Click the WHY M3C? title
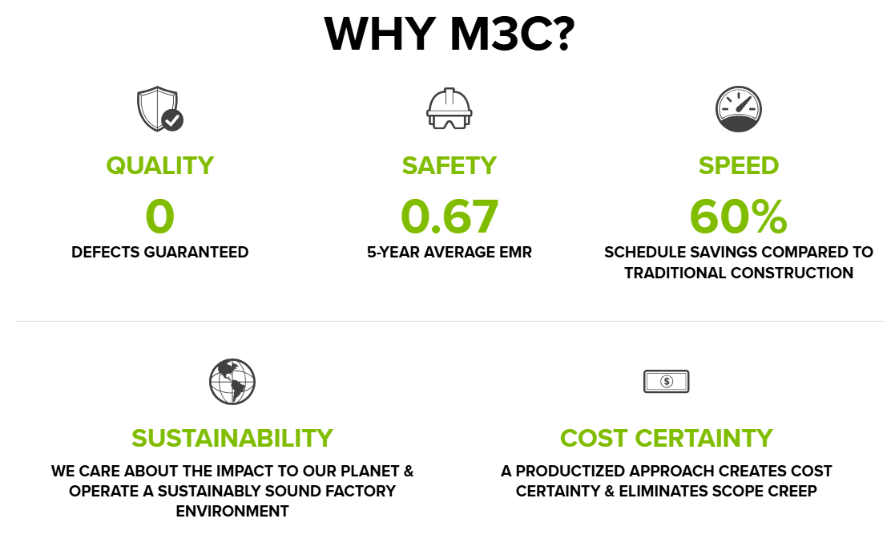[x=450, y=34]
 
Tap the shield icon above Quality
[x=158, y=108]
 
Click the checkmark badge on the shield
[x=172, y=120]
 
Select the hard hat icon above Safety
[x=450, y=108]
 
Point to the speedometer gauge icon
[x=739, y=109]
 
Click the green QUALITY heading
[x=159, y=166]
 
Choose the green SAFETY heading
[x=450, y=166]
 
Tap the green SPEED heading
[x=739, y=166]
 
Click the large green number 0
[x=159, y=217]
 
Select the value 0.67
[x=450, y=217]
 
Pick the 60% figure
[x=739, y=217]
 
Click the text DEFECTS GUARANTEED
[x=159, y=252]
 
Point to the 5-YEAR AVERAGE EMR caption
[x=450, y=252]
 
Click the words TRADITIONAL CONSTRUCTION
[x=739, y=273]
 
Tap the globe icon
[x=232, y=382]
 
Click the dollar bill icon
[x=666, y=381]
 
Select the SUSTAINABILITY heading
[x=232, y=439]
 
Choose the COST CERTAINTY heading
[x=666, y=439]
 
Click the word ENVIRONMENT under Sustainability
[x=232, y=511]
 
